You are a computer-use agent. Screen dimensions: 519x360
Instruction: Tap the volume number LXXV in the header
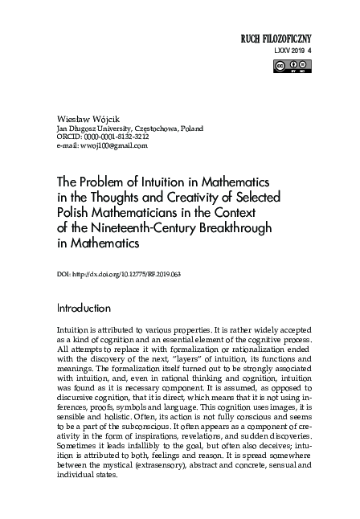(x=281, y=51)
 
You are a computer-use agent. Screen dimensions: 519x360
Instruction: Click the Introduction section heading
(x=89, y=308)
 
